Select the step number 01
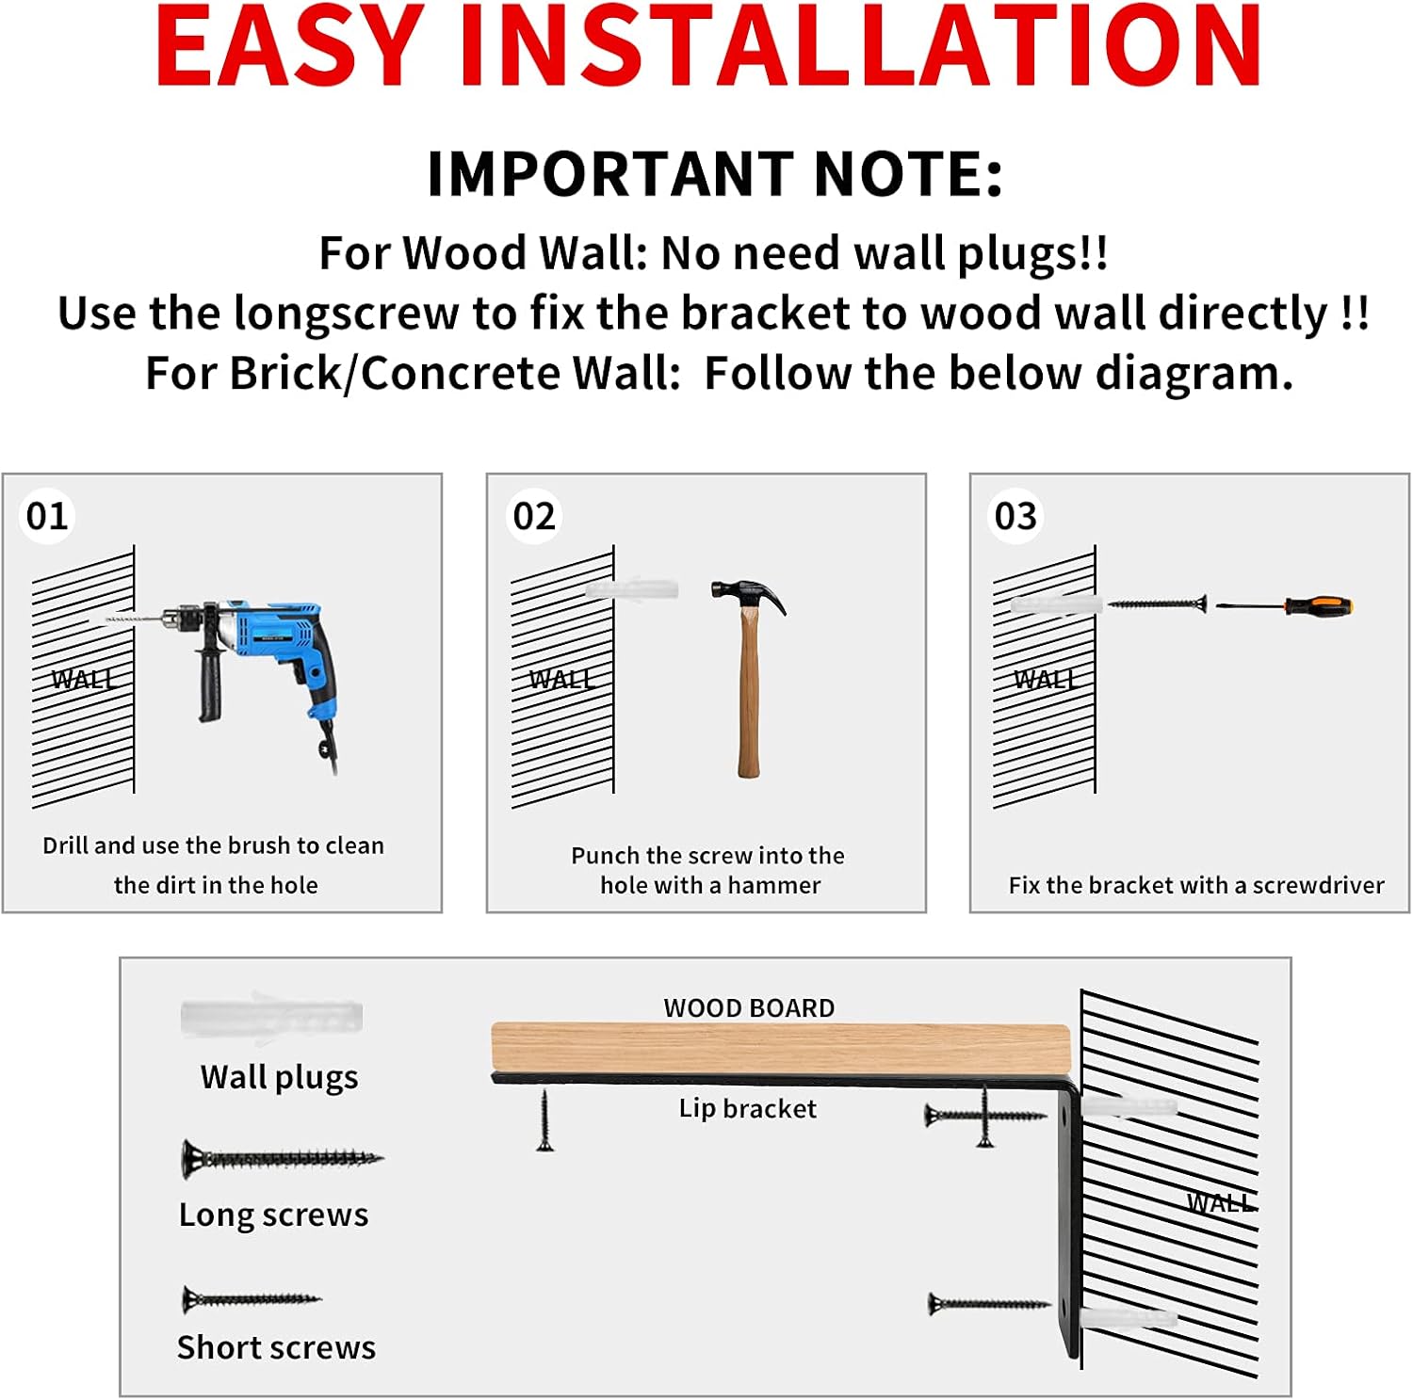tap(47, 516)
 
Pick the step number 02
tap(534, 516)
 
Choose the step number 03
tap(1015, 516)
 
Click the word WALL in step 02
tap(561, 679)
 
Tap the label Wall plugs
tap(280, 1077)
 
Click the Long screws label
tap(274, 1215)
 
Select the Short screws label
tap(276, 1347)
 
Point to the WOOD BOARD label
tap(749, 1007)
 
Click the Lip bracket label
tap(748, 1108)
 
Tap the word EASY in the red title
tap(289, 46)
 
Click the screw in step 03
tap(1156, 603)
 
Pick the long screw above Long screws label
tap(283, 1159)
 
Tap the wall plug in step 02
tap(631, 589)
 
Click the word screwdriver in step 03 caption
tap(1318, 885)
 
